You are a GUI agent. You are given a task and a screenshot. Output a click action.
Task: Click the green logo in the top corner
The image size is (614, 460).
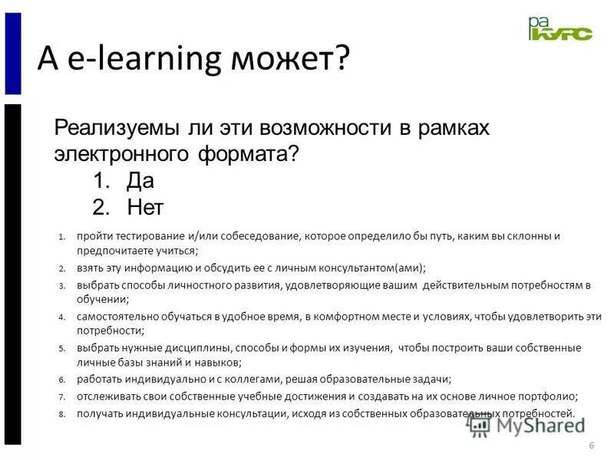560,29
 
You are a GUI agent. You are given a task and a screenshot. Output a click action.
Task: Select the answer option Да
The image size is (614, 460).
141,180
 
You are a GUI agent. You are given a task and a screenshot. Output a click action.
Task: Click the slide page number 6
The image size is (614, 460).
591,447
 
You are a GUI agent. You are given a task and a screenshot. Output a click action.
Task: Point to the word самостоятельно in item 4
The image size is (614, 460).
114,317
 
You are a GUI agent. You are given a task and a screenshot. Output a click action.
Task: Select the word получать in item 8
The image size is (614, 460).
96,414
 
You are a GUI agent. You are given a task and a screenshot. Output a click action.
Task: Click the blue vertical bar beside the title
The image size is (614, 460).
12,54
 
